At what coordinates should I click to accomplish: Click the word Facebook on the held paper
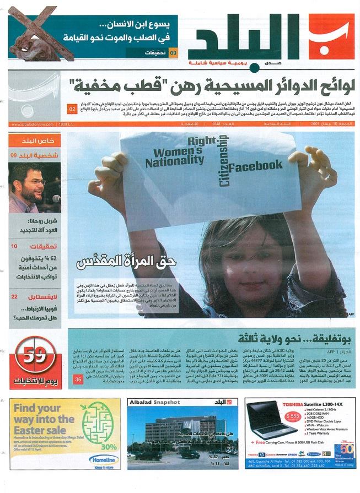[x=256, y=165]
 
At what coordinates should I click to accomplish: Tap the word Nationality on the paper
[x=170, y=160]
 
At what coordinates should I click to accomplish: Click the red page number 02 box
[x=72, y=109]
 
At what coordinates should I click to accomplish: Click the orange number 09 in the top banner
[x=173, y=53]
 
